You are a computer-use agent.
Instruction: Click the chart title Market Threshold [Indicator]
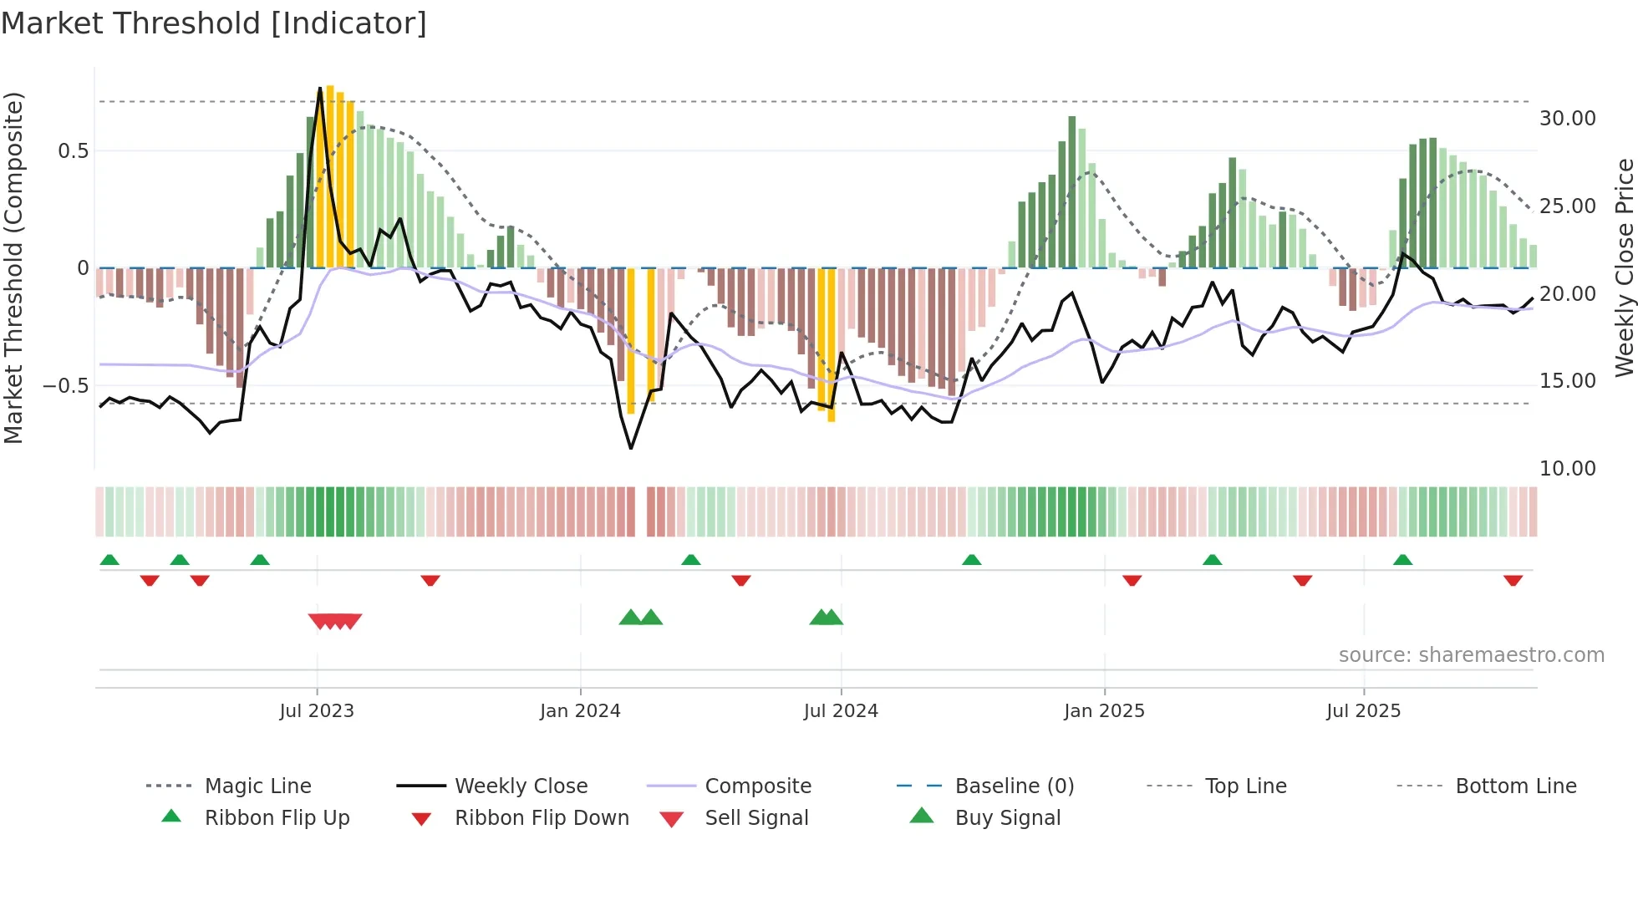coord(214,23)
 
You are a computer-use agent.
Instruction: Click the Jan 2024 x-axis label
coord(580,711)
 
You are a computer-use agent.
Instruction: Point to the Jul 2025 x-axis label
coord(1363,711)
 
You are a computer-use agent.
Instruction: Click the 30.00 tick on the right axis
coord(1567,119)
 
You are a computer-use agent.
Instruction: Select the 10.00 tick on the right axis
coord(1567,469)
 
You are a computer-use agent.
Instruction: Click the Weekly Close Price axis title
coord(1624,267)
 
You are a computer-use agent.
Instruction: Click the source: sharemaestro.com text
coord(1471,655)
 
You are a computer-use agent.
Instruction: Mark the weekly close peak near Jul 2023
coord(320,88)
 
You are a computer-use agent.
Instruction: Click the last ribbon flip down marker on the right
coord(1513,580)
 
